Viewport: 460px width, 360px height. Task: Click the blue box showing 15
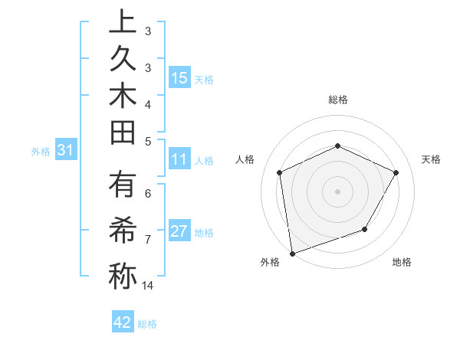(180, 77)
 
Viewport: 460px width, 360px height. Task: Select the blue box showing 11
(180, 160)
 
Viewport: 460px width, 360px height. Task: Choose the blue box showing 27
(180, 231)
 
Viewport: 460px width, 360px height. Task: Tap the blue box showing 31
(65, 151)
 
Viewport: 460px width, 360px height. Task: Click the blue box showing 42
(123, 322)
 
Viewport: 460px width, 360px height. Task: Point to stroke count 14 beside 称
(148, 286)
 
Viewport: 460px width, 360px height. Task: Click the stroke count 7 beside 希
(147, 240)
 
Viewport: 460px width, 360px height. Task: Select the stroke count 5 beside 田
(147, 142)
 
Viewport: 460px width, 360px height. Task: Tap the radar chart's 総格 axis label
(337, 100)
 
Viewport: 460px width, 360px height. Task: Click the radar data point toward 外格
(292, 252)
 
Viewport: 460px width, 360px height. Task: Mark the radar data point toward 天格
(396, 172)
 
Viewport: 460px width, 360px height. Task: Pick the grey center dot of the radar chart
(337, 191)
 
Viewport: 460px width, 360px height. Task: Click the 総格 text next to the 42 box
(147, 323)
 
